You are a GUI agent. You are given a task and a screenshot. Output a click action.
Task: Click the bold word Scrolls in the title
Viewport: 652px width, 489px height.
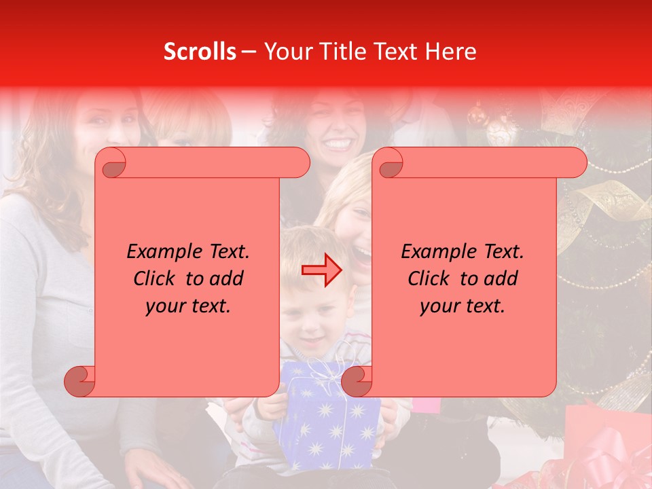(200, 51)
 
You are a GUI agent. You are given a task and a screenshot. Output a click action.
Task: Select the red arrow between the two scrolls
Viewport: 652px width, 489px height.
(322, 270)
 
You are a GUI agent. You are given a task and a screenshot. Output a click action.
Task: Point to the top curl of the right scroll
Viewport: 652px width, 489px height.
(390, 163)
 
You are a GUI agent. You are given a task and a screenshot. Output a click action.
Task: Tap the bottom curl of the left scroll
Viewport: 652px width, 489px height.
(79, 381)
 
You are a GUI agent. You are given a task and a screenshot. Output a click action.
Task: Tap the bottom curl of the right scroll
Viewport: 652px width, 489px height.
(357, 381)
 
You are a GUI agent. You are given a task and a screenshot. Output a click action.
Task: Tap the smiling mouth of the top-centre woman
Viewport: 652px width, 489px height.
(339, 144)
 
